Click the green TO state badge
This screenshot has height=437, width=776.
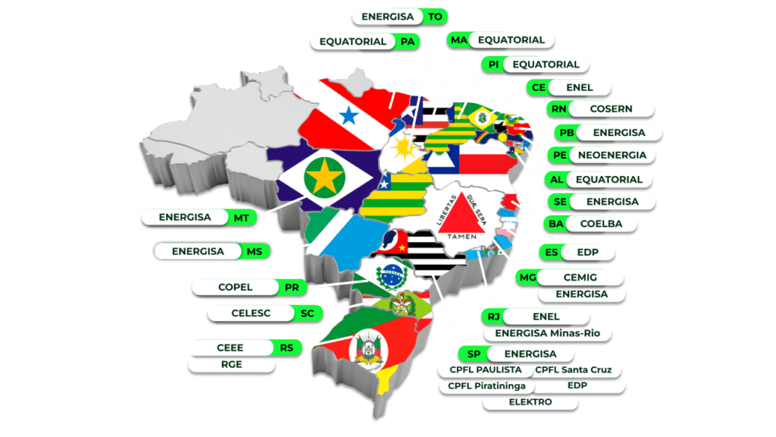435,16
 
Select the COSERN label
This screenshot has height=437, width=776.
610,108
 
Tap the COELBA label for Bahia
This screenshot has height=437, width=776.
601,224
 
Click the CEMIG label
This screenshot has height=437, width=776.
584,278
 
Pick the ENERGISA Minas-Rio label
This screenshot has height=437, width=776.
542,332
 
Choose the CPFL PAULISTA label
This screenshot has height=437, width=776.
484,369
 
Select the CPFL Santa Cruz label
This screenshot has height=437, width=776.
577,369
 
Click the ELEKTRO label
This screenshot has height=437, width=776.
530,401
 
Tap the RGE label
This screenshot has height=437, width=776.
230,364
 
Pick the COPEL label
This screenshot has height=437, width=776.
235,288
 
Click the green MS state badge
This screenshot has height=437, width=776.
253,251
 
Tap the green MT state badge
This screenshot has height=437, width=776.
241,217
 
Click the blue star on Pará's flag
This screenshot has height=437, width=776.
348,115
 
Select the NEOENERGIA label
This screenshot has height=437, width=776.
611,156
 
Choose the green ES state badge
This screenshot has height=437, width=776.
551,251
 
